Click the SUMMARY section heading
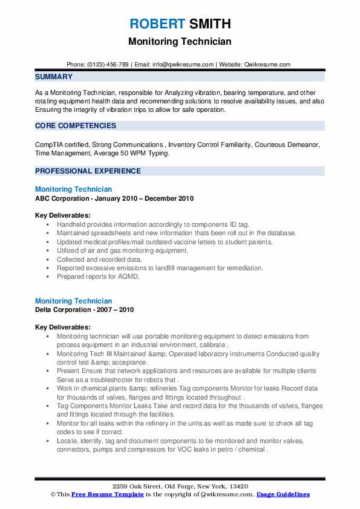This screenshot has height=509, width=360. [x=54, y=77]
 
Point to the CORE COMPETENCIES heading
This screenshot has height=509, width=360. [x=76, y=126]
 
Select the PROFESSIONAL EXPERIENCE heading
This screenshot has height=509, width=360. [x=88, y=171]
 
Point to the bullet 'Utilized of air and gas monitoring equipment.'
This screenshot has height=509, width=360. [x=122, y=250]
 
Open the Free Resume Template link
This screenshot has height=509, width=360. [x=108, y=494]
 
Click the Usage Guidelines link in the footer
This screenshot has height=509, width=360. [x=283, y=494]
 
